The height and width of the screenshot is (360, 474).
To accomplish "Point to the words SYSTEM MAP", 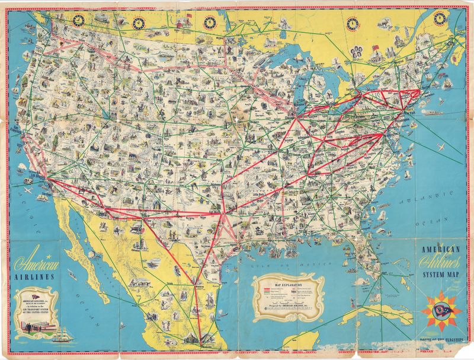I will [441, 275].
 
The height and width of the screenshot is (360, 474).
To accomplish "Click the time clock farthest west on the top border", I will [78, 20].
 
